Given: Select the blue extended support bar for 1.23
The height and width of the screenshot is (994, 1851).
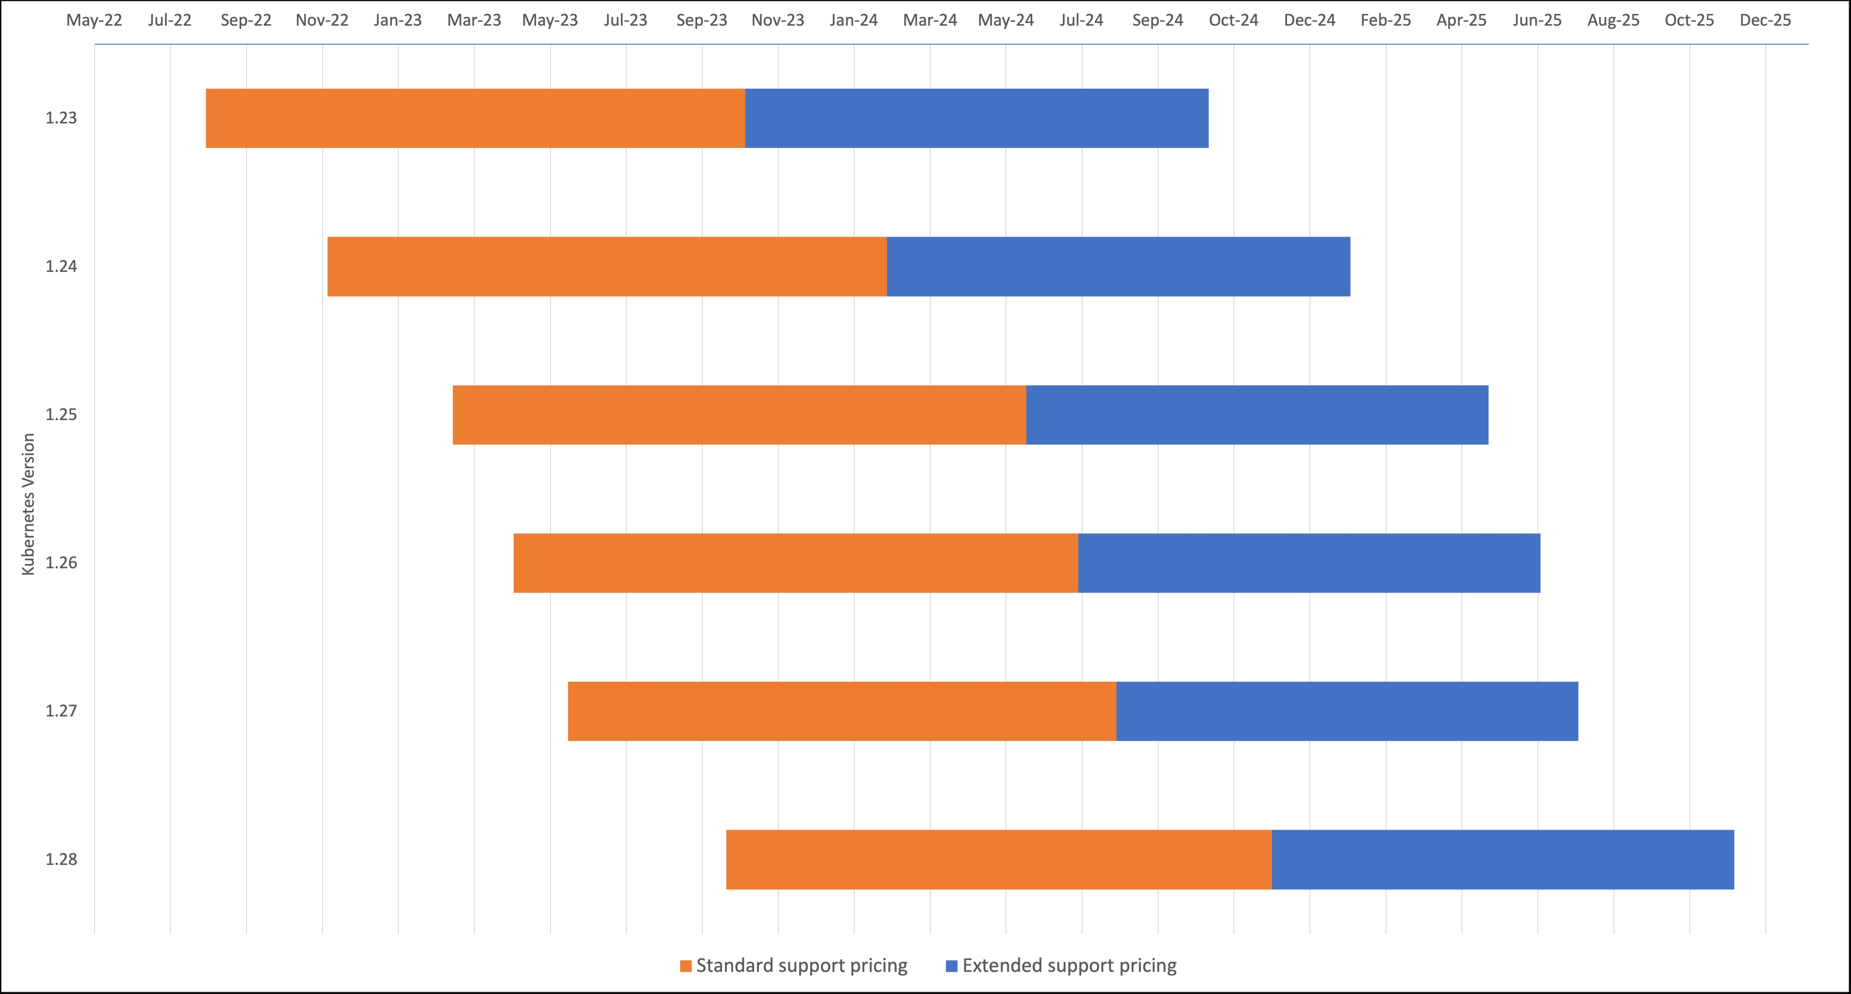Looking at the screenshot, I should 976,119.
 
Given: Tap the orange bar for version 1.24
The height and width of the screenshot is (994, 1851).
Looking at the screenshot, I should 607,267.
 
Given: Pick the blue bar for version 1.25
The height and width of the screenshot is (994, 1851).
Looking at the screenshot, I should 1257,415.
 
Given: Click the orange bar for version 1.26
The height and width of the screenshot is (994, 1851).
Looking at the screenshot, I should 796,563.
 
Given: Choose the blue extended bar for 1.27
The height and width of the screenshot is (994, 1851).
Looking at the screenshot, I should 1347,711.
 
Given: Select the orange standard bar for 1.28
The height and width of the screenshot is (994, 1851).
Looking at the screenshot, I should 999,860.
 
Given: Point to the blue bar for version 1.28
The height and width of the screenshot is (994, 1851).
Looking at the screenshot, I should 1502,860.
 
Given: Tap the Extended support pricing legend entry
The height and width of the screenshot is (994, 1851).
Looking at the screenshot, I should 1069,965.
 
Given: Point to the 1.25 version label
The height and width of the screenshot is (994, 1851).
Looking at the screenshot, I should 61,415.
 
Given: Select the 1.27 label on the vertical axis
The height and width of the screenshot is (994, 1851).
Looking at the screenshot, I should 61,711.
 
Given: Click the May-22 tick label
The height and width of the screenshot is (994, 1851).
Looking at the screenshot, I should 94,20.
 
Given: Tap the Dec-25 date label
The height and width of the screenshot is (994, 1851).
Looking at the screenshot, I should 1765,20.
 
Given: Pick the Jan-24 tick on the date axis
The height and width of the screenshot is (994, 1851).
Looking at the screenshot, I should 854,20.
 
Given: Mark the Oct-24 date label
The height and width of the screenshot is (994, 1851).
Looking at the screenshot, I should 1233,20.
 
